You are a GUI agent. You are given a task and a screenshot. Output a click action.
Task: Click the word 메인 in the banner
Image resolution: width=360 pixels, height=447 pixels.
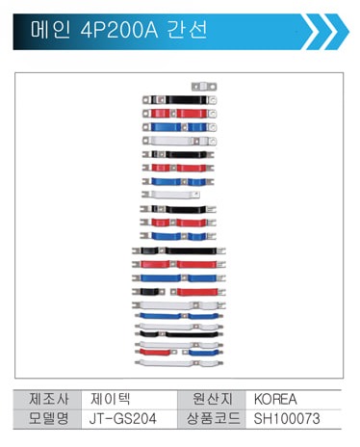pos(50,30)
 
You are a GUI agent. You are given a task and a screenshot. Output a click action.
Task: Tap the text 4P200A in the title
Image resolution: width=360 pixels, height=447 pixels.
pos(119,30)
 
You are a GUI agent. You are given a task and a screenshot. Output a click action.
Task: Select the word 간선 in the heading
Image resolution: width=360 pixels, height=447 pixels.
pos(188,30)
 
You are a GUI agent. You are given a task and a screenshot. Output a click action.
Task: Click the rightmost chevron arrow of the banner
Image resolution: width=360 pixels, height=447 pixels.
pos(337,32)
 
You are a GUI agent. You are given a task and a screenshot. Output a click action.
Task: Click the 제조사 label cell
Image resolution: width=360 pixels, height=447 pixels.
pos(49,399)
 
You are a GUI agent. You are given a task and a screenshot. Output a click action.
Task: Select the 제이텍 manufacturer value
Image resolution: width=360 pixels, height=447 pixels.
pos(110,399)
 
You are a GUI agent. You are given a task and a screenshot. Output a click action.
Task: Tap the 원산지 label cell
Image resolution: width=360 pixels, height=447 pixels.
pos(212,399)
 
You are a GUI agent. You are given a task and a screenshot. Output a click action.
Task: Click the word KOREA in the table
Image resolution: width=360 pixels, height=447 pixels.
pos(275,399)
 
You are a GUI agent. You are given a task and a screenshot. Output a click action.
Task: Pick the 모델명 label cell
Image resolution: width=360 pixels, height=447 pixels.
pos(49,418)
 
